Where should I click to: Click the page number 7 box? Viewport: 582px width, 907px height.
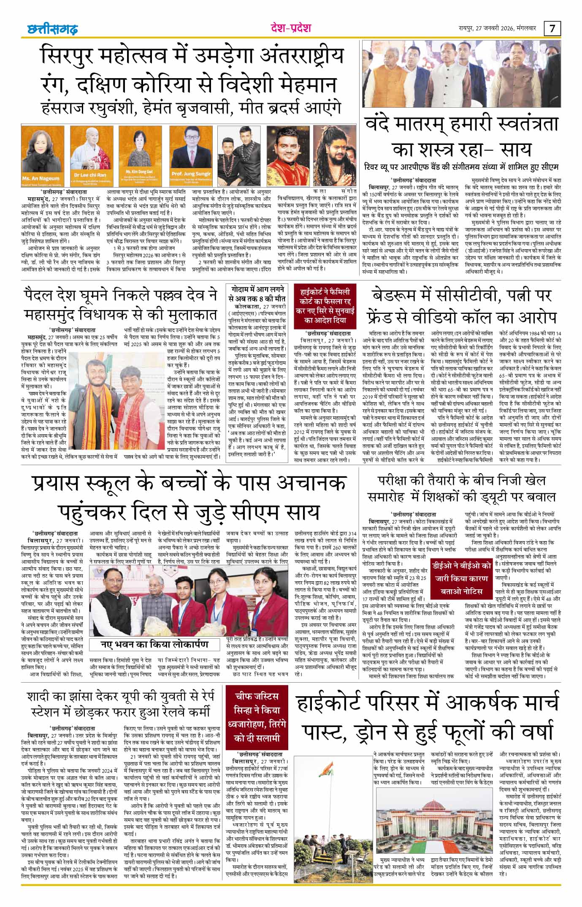click(x=552, y=29)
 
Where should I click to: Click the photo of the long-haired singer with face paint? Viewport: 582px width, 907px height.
click(x=336, y=154)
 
